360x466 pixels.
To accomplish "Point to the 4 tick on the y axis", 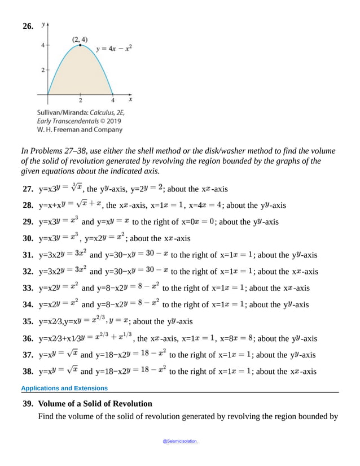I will click(x=43, y=45).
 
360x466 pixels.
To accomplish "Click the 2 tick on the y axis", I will click(x=43, y=69).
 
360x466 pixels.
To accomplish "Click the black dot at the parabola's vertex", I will click(x=80, y=45).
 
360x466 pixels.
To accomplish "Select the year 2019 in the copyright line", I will click(x=113, y=120).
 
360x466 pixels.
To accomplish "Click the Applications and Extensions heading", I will click(x=64, y=388).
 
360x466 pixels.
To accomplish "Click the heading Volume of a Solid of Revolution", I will click(x=95, y=404).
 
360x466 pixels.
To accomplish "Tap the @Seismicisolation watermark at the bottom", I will click(x=180, y=441).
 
